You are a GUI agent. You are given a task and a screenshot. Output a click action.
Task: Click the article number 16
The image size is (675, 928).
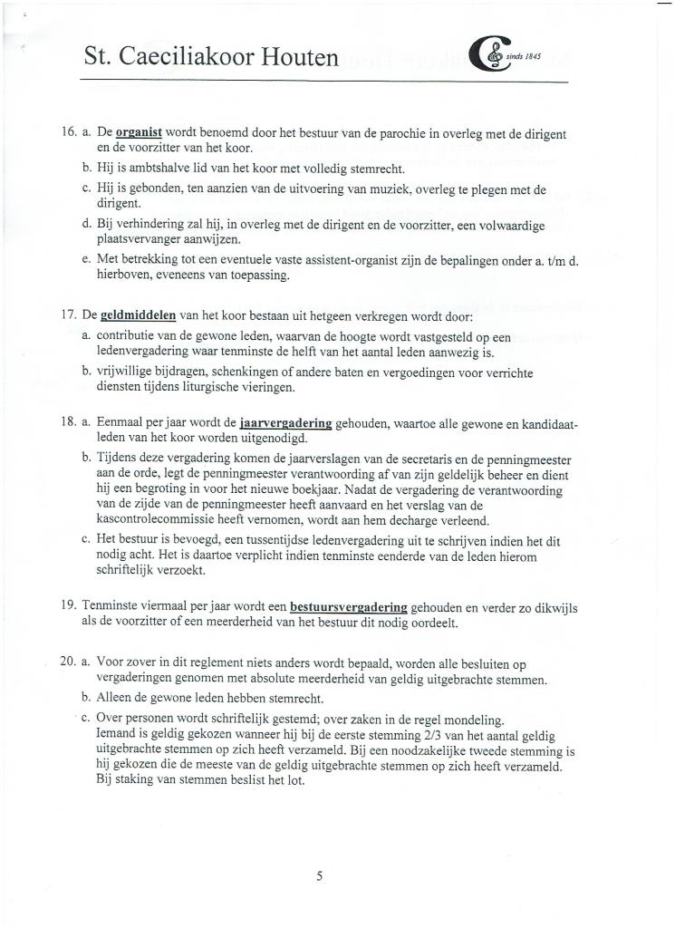pos(67,133)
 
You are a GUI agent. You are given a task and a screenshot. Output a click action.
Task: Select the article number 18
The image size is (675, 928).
pos(67,423)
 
